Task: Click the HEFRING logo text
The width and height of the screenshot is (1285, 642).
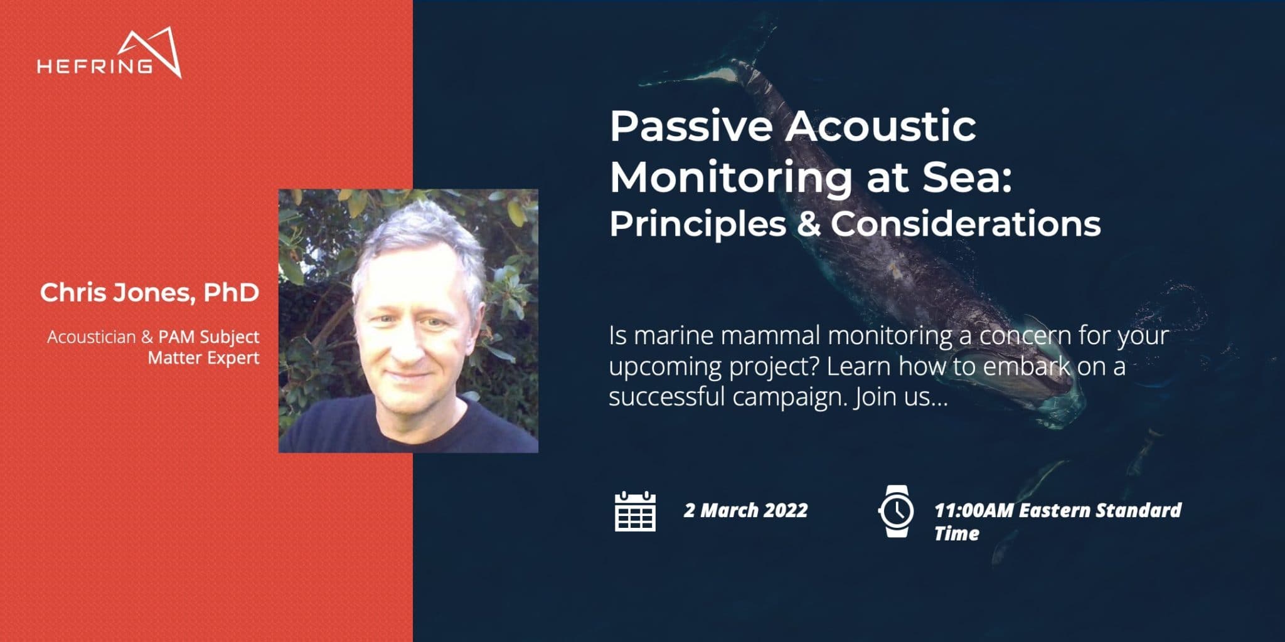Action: (95, 66)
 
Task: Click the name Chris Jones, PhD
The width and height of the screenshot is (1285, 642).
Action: (149, 293)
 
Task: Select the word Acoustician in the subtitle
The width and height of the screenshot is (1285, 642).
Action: (92, 337)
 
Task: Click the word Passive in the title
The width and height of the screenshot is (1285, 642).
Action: (691, 126)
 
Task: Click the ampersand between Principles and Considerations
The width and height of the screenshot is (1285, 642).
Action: (809, 224)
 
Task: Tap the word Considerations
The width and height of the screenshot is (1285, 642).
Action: (966, 224)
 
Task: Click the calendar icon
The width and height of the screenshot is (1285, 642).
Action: (635, 511)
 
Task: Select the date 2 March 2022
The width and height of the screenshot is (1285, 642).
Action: (745, 510)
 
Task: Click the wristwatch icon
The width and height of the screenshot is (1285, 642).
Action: (896, 511)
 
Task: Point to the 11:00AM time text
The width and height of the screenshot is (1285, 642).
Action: (974, 510)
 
